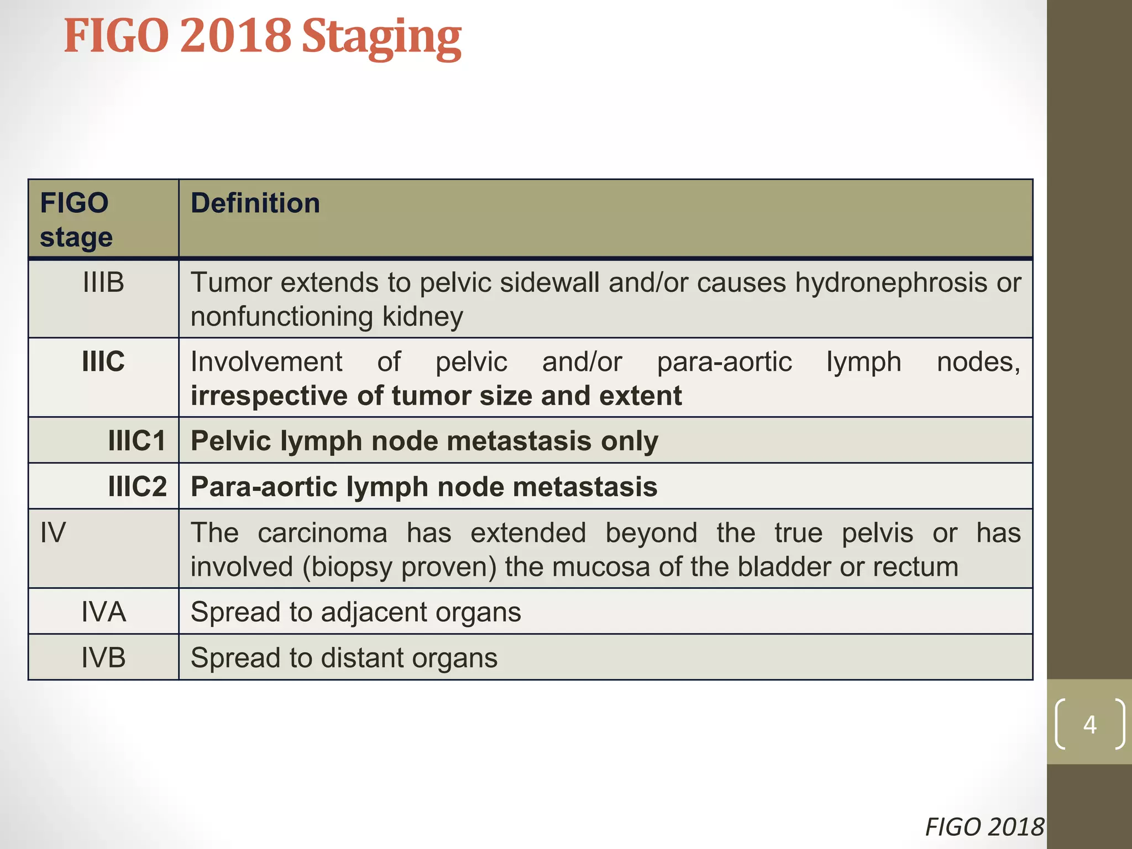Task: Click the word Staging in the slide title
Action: [381, 38]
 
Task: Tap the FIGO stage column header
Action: [76, 220]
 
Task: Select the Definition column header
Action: [255, 203]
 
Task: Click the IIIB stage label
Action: [103, 282]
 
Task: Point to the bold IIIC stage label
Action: [103, 362]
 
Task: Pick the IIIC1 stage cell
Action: [137, 441]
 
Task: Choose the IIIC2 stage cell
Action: [137, 487]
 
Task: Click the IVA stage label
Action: [103, 612]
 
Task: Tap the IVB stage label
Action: [103, 658]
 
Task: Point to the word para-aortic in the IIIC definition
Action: [724, 363]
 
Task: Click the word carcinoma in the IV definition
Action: [322, 533]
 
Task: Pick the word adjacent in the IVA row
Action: [374, 612]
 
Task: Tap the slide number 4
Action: [1089, 724]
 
